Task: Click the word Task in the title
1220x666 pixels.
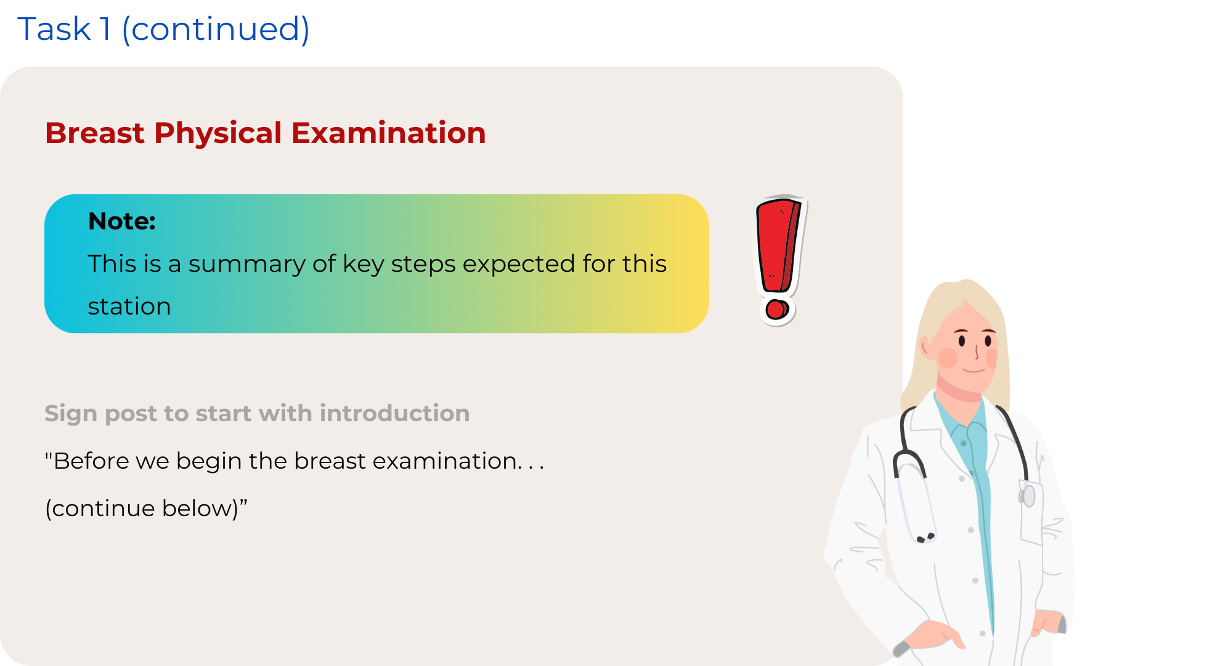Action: coord(54,29)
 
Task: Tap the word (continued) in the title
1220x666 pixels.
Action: coord(216,30)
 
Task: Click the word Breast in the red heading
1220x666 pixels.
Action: coord(95,133)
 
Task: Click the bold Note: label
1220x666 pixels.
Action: coord(122,221)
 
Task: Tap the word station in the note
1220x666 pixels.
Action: coord(129,306)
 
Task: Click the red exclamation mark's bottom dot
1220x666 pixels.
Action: coord(777,310)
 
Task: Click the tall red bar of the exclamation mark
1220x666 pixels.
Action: coord(778,245)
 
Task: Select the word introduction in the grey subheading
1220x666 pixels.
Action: coord(394,413)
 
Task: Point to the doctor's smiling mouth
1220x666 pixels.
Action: coord(974,370)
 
